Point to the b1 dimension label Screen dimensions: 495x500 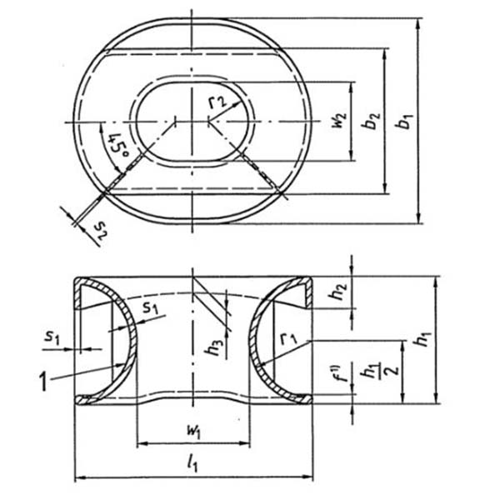click(404, 121)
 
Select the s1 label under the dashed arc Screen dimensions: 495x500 click(150, 309)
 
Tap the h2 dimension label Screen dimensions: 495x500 click(337, 293)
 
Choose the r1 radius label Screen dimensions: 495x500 click(289, 339)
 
